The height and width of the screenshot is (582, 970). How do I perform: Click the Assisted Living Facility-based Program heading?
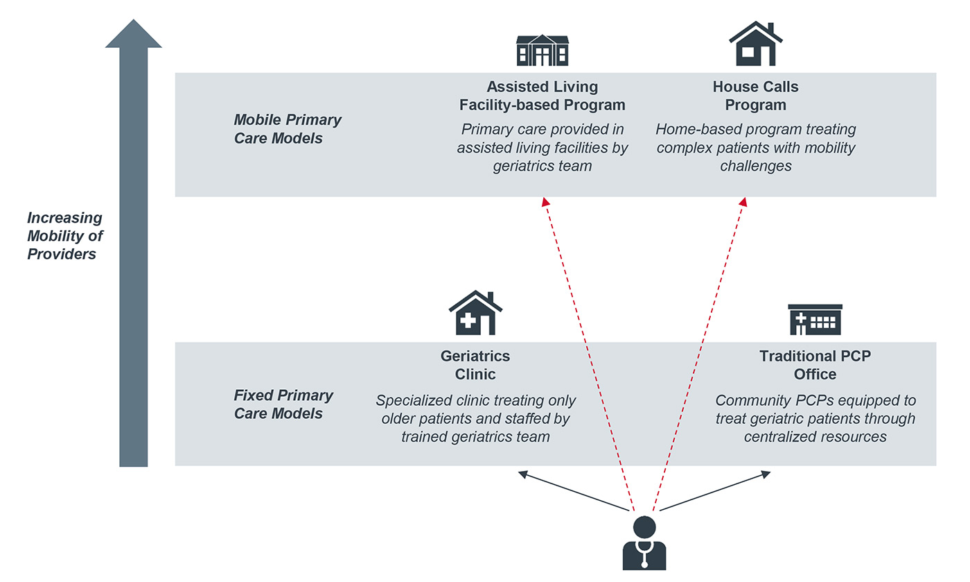[542, 96]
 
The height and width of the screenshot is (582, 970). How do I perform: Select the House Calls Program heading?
[755, 96]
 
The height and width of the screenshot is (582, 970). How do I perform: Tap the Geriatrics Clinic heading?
[475, 365]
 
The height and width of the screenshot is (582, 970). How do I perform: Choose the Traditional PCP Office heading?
[815, 365]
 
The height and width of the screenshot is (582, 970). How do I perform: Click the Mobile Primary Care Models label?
[288, 129]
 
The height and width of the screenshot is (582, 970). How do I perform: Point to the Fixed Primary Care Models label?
[283, 404]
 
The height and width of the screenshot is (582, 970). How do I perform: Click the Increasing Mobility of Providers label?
[64, 236]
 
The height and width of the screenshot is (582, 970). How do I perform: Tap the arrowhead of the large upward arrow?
[134, 35]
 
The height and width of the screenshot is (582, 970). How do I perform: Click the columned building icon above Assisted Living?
[542, 50]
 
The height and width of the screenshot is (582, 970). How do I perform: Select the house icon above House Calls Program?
[755, 44]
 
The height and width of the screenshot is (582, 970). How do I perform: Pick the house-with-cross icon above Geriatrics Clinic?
[475, 313]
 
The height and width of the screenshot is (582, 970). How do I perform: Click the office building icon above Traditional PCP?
[815, 319]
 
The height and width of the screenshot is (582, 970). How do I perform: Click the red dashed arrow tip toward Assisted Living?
[545, 201]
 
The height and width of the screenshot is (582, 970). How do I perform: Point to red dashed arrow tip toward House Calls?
[743, 201]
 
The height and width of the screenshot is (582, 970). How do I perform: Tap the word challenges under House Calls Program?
[755, 166]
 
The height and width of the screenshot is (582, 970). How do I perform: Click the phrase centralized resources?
[815, 436]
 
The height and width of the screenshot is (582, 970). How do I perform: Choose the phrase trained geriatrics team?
[475, 436]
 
